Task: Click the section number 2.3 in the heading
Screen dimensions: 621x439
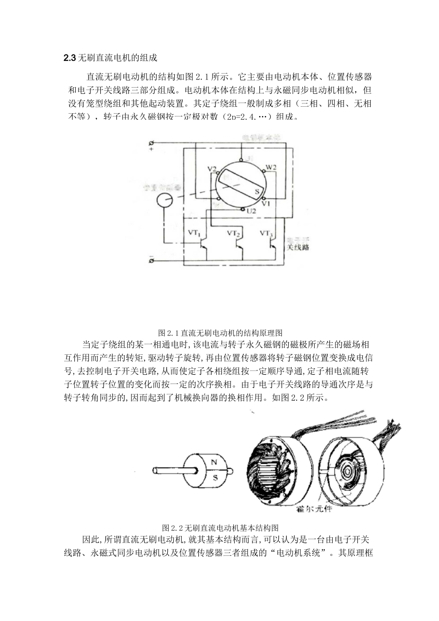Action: point(69,58)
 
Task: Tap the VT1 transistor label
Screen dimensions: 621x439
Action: point(193,233)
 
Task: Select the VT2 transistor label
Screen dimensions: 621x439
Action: point(234,233)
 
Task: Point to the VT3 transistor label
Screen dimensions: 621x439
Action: point(267,233)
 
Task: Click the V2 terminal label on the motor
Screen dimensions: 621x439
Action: point(212,169)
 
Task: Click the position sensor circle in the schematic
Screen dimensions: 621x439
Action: point(164,201)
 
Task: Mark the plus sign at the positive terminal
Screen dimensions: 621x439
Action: point(151,149)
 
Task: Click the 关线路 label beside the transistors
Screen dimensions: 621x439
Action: point(298,247)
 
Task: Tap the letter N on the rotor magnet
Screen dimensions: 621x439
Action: point(214,462)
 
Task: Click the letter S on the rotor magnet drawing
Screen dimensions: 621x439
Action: point(215,478)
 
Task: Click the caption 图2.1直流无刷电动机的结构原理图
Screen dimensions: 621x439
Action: point(220,333)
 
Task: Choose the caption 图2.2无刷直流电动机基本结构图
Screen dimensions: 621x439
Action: point(220,528)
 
